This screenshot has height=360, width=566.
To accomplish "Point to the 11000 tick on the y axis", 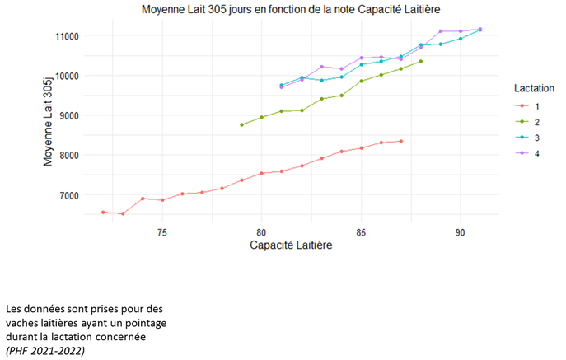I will pyautogui.click(x=67, y=36).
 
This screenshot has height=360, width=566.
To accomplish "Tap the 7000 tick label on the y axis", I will pyautogui.click(x=69, y=195).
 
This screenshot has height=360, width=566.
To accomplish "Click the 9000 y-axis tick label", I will pyautogui.click(x=69, y=116).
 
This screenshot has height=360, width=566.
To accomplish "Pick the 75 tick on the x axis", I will pyautogui.click(x=162, y=232).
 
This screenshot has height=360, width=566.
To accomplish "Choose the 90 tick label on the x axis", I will pyautogui.click(x=461, y=232).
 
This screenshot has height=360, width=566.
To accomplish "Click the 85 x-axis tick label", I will pyautogui.click(x=361, y=232).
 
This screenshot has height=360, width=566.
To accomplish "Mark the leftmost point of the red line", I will pyautogui.click(x=103, y=212).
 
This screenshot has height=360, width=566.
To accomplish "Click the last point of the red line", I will pyautogui.click(x=401, y=141).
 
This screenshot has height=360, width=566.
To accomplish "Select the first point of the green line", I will pyautogui.click(x=241, y=124).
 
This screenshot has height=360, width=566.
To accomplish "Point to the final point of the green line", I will pyautogui.click(x=421, y=61).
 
